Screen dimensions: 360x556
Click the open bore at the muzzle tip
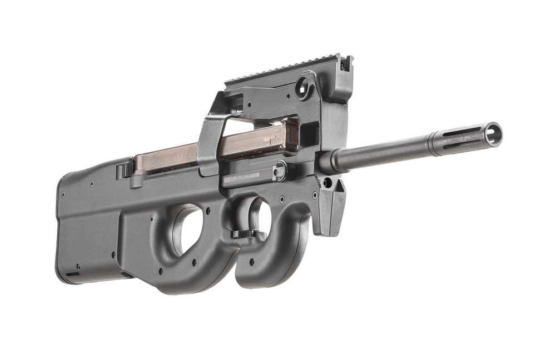[x=492, y=133]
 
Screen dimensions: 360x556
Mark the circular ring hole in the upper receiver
[x=303, y=87]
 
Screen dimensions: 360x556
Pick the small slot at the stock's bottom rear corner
[x=73, y=274]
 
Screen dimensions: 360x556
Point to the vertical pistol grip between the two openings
[x=222, y=233]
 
